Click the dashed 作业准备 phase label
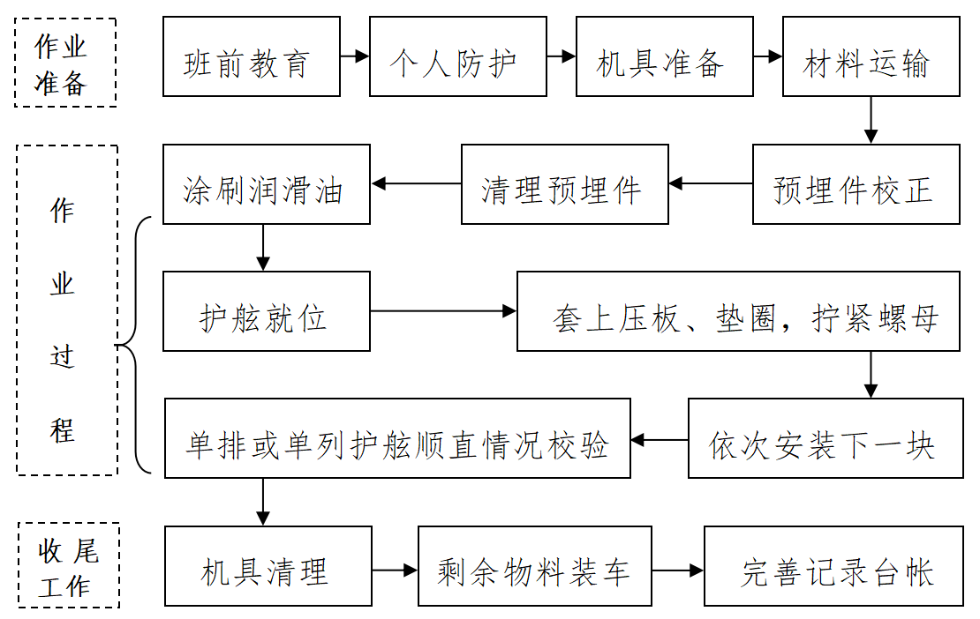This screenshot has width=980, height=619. coord(65,63)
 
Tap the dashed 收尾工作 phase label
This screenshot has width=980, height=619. coord(68,565)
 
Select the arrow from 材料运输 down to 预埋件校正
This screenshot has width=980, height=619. coord(871,120)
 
